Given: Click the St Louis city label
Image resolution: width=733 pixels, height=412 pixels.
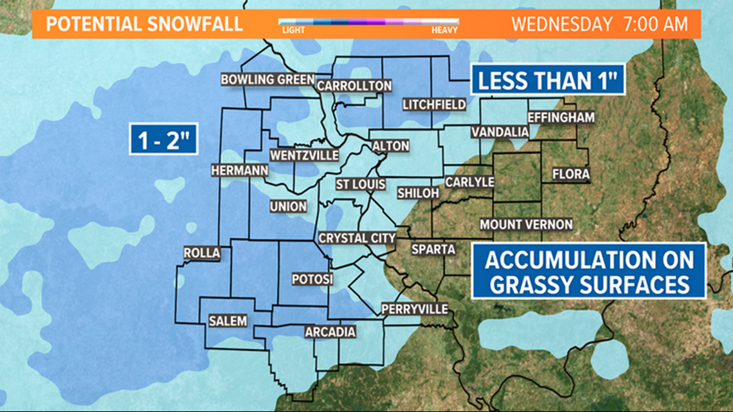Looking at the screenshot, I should [361, 184].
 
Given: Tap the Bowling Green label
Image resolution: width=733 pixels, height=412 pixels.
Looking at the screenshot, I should [267, 80].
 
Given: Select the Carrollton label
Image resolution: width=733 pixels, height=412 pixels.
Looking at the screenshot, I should [354, 85].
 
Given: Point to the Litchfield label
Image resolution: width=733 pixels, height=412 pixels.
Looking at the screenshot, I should [434, 104].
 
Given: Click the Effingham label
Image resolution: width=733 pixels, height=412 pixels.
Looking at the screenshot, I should [561, 118].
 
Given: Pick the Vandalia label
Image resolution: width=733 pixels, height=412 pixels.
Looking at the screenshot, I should [500, 132].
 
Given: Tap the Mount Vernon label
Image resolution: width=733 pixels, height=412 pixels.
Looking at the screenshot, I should [526, 224].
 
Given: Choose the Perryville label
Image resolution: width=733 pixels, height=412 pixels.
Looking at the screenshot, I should [414, 309].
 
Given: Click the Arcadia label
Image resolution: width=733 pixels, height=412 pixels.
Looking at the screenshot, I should [330, 332].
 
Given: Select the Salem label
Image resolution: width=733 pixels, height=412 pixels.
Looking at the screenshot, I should [228, 321].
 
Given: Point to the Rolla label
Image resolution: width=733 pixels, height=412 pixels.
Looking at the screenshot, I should [201, 253].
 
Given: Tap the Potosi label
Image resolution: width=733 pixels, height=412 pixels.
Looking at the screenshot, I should [312, 280].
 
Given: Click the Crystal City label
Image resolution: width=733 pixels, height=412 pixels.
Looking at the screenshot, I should [357, 238].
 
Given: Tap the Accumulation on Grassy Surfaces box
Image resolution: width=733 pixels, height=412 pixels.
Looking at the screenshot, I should [589, 271].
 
